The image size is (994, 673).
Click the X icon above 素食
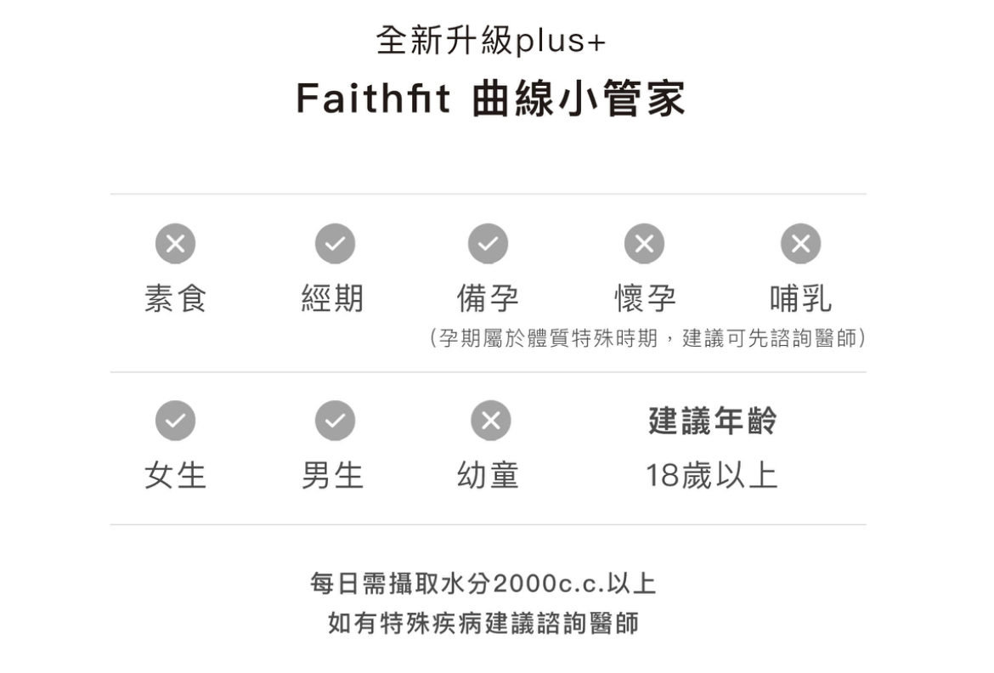coord(175,244)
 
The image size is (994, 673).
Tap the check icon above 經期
coord(335,244)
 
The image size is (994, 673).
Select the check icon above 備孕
coord(488,244)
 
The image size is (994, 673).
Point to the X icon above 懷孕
coord(645,244)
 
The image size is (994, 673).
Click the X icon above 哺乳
coord(800,244)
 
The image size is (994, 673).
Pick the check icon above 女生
coord(175,421)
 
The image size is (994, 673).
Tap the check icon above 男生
coord(335,421)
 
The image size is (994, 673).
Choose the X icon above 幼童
coord(490,421)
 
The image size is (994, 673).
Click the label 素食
coord(175,298)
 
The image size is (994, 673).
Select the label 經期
coord(332,298)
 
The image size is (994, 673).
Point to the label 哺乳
coord(800,298)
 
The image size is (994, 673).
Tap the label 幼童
coord(488,475)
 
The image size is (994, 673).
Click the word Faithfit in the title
coord(373,99)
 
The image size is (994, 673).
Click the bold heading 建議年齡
coord(712,421)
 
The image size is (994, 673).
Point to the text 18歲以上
coord(711,475)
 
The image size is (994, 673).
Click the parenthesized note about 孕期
coord(648,339)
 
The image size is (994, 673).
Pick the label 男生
coord(332,475)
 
